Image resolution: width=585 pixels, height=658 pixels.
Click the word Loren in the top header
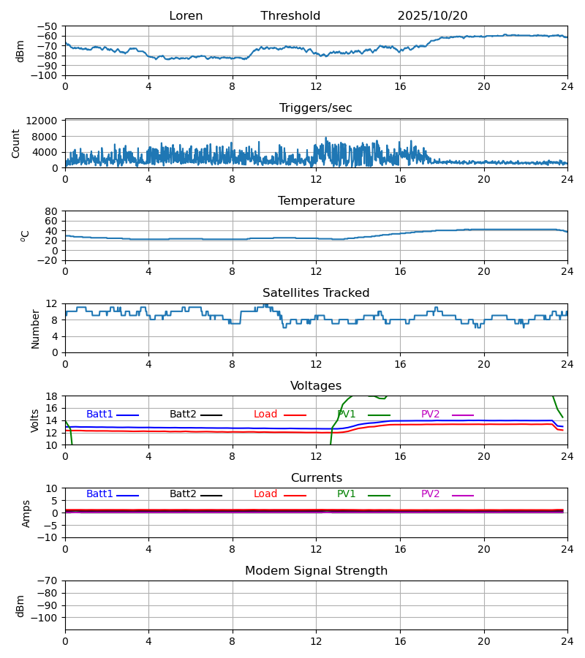pyautogui.click(x=186, y=16)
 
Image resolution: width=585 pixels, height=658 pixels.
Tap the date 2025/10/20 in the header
pyautogui.click(x=432, y=16)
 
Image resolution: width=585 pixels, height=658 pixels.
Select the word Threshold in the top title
pyautogui.click(x=290, y=16)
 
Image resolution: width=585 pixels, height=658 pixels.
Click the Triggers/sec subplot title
pyautogui.click(x=316, y=108)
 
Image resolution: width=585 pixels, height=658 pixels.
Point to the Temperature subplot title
pyautogui.click(x=316, y=201)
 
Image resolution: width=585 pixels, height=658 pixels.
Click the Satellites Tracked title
pyautogui.click(x=316, y=293)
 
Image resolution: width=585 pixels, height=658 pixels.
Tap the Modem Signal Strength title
pyautogui.click(x=316, y=571)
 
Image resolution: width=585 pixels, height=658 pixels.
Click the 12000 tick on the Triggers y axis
pyautogui.click(x=45, y=121)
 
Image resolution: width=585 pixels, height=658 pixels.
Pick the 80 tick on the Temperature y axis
pyautogui.click(x=52, y=211)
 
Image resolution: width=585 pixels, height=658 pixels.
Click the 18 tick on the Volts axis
pyautogui.click(x=52, y=396)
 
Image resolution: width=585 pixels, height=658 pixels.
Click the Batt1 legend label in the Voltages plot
pyautogui.click(x=99, y=415)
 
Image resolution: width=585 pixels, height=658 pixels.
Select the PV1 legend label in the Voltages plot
pyautogui.click(x=347, y=415)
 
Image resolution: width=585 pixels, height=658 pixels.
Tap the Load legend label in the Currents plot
pyautogui.click(x=265, y=494)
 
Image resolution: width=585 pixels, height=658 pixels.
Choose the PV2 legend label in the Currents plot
pyautogui.click(x=431, y=494)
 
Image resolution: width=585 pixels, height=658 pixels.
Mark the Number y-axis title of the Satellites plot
pyautogui.click(x=36, y=328)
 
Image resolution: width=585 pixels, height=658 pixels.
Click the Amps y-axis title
pyautogui.click(x=27, y=513)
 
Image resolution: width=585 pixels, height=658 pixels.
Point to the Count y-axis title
pyautogui.click(x=16, y=143)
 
